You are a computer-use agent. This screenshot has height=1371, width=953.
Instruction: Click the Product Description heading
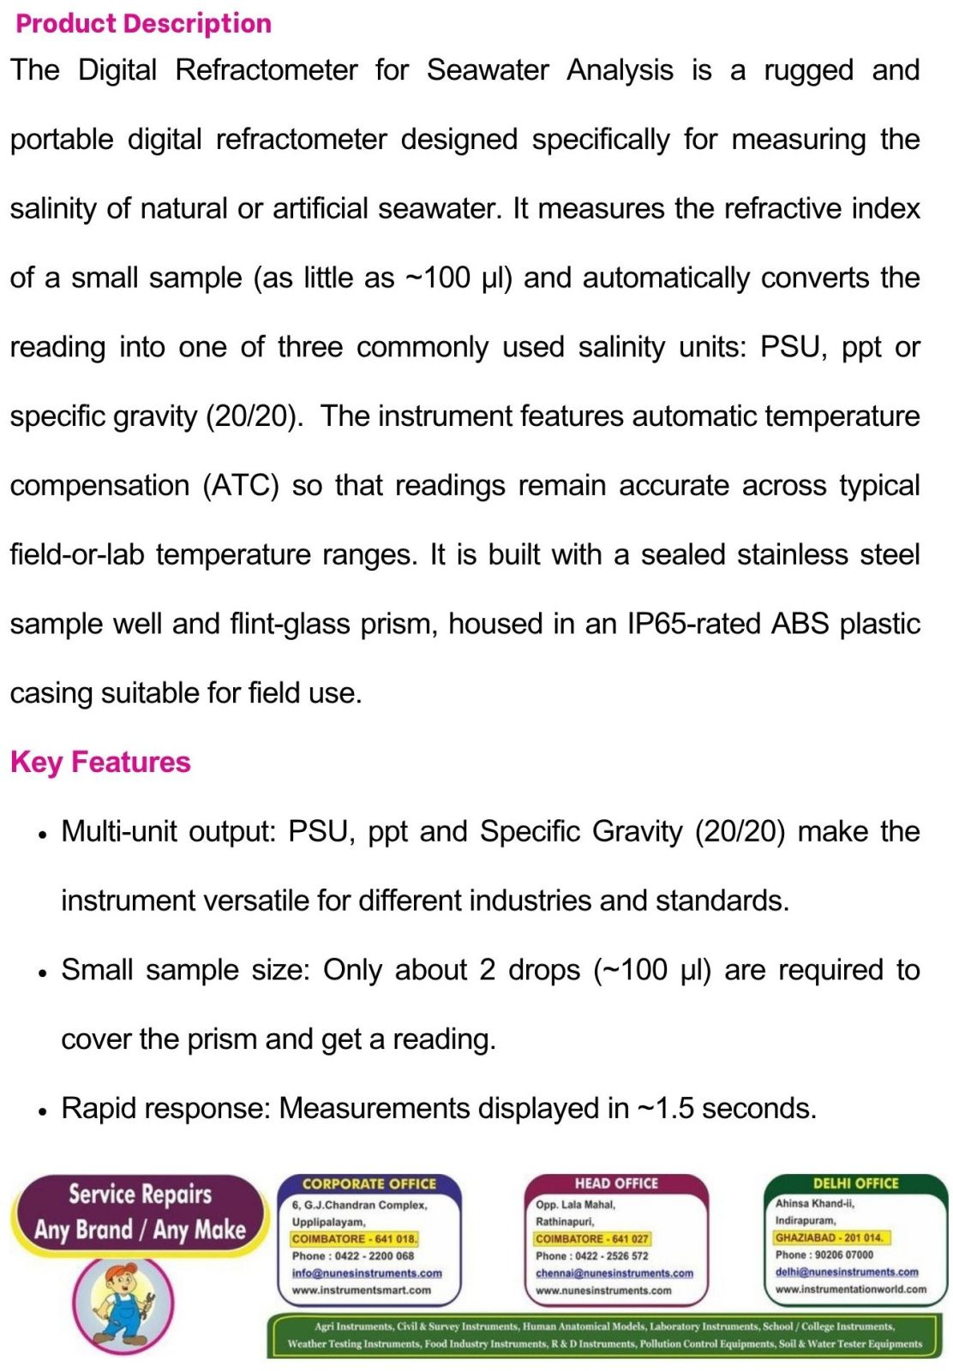(143, 24)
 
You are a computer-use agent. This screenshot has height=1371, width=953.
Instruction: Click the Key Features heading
(100, 762)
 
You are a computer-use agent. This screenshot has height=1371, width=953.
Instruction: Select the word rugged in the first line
(807, 70)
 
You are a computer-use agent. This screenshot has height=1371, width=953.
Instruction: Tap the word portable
(61, 140)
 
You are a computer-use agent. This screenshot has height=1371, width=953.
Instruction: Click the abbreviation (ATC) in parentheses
(241, 486)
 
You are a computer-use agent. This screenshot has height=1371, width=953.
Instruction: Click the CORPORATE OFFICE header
(369, 1184)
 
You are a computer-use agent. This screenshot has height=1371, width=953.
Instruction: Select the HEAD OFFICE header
(616, 1183)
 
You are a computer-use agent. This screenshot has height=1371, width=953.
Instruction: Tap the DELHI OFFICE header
(855, 1183)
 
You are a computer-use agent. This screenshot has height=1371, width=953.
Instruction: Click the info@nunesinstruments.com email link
(367, 1273)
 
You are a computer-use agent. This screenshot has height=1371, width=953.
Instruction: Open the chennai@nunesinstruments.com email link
(614, 1273)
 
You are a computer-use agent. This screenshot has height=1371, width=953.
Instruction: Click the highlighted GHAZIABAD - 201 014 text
(829, 1237)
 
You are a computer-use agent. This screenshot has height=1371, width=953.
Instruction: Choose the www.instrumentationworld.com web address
(850, 1289)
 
